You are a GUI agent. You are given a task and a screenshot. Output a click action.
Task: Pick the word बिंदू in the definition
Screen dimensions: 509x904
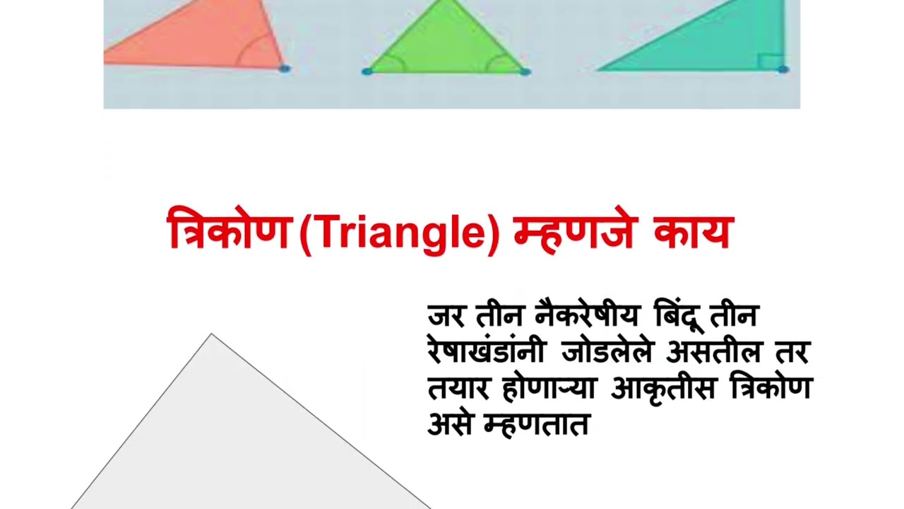[x=678, y=315]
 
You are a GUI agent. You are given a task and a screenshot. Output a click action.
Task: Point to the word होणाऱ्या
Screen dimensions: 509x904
[x=549, y=388]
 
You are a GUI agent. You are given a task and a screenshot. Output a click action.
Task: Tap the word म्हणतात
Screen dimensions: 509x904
[x=536, y=425]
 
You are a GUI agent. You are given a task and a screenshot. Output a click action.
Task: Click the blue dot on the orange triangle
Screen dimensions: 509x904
[x=284, y=69]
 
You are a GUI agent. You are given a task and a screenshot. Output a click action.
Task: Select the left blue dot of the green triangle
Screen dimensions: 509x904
[x=367, y=71]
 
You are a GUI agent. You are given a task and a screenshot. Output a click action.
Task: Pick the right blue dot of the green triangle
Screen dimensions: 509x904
[x=525, y=71]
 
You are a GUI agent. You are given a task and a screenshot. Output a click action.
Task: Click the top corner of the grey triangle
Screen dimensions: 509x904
[x=212, y=334]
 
